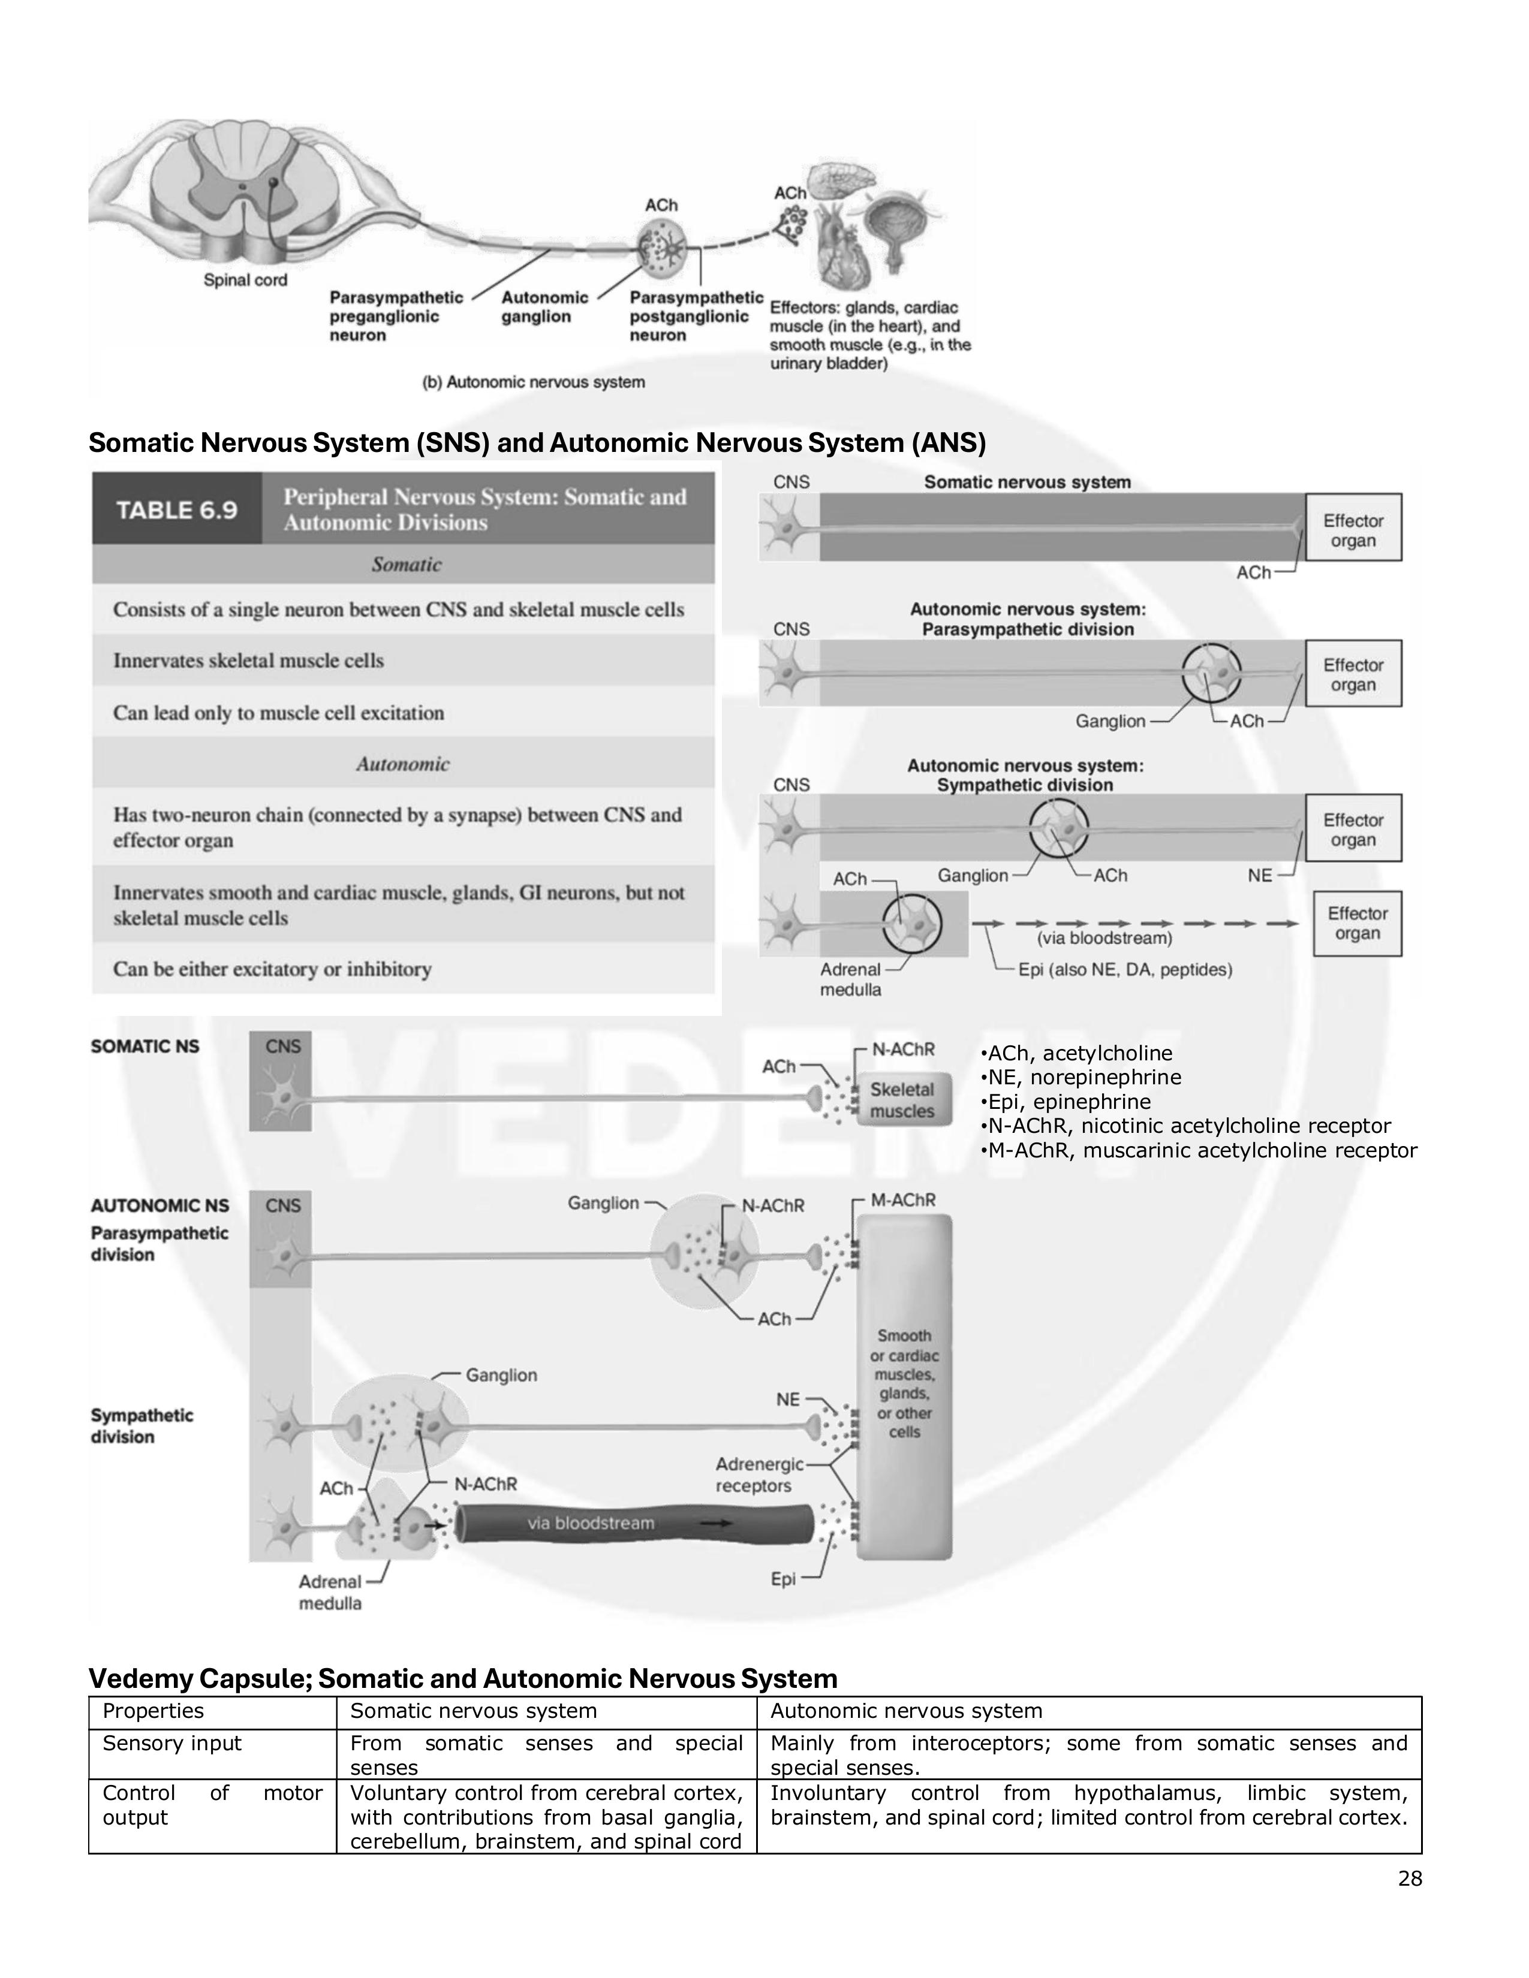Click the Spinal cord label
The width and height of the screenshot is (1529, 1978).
tap(245, 280)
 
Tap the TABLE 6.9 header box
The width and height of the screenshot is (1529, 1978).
tap(177, 510)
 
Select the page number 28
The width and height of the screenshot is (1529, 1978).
tap(1410, 1879)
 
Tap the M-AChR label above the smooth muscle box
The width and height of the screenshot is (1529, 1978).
tap(902, 1200)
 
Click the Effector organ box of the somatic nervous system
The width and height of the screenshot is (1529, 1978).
tap(1353, 530)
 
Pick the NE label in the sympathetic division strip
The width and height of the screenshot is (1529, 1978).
tap(1259, 875)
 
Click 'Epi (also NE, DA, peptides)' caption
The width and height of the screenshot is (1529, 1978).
tap(1125, 969)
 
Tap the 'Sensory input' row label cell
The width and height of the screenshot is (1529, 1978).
tap(172, 1744)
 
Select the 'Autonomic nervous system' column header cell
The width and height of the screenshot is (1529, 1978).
tap(906, 1711)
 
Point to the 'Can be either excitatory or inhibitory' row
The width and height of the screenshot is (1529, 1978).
tap(272, 969)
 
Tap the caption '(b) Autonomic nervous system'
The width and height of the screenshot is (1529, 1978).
tap(534, 382)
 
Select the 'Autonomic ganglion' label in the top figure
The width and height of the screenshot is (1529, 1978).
tap(544, 307)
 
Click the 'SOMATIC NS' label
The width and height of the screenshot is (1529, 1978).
tap(145, 1046)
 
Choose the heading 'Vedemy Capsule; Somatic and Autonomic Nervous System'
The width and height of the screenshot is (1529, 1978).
tap(462, 1678)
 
